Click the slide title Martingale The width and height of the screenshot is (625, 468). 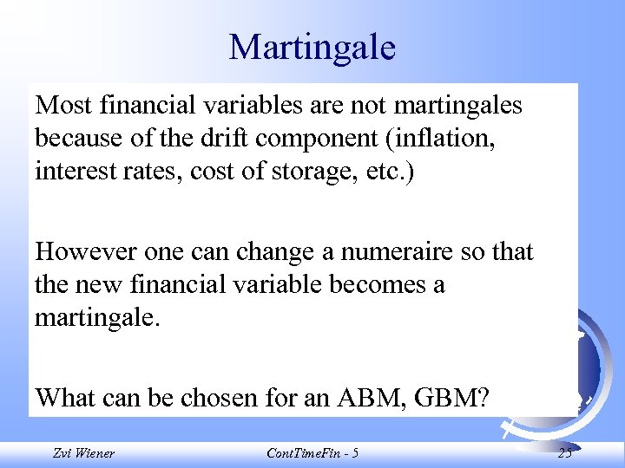(312, 47)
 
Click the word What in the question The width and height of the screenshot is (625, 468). (63, 398)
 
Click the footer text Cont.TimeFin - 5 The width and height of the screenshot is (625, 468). (312, 453)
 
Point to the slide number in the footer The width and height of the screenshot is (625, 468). (565, 453)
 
